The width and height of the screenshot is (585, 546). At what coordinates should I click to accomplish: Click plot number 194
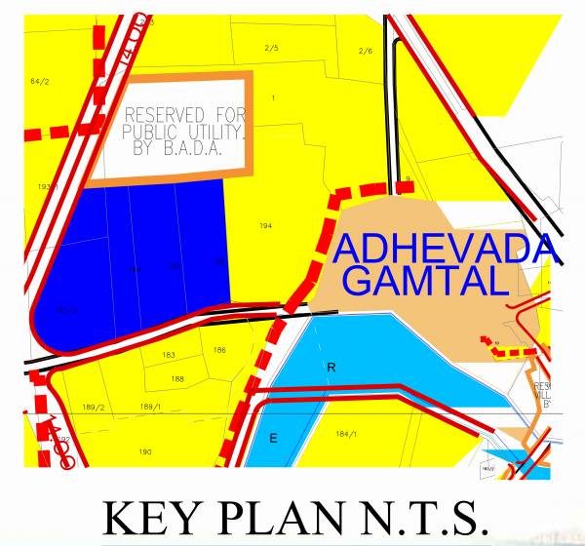(265, 226)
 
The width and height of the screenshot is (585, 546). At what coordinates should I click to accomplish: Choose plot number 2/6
(366, 51)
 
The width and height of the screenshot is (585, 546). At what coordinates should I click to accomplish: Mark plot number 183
(169, 355)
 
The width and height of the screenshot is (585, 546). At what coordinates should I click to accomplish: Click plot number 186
(219, 350)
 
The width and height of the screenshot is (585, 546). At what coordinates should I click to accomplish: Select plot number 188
(177, 378)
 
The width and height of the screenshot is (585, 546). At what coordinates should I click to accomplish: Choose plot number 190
(145, 451)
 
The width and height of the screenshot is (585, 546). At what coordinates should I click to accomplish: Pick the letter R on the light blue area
(331, 368)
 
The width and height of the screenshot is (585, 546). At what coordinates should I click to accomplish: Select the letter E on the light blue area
(273, 439)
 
